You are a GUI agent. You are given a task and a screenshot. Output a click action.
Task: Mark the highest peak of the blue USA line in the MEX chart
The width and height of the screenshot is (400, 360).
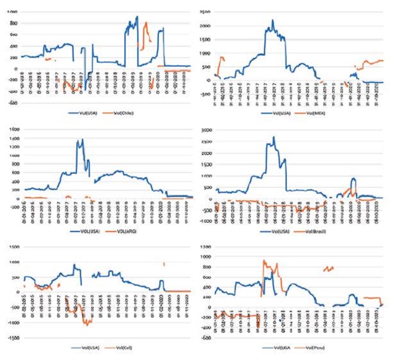pyautogui.click(x=273, y=20)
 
